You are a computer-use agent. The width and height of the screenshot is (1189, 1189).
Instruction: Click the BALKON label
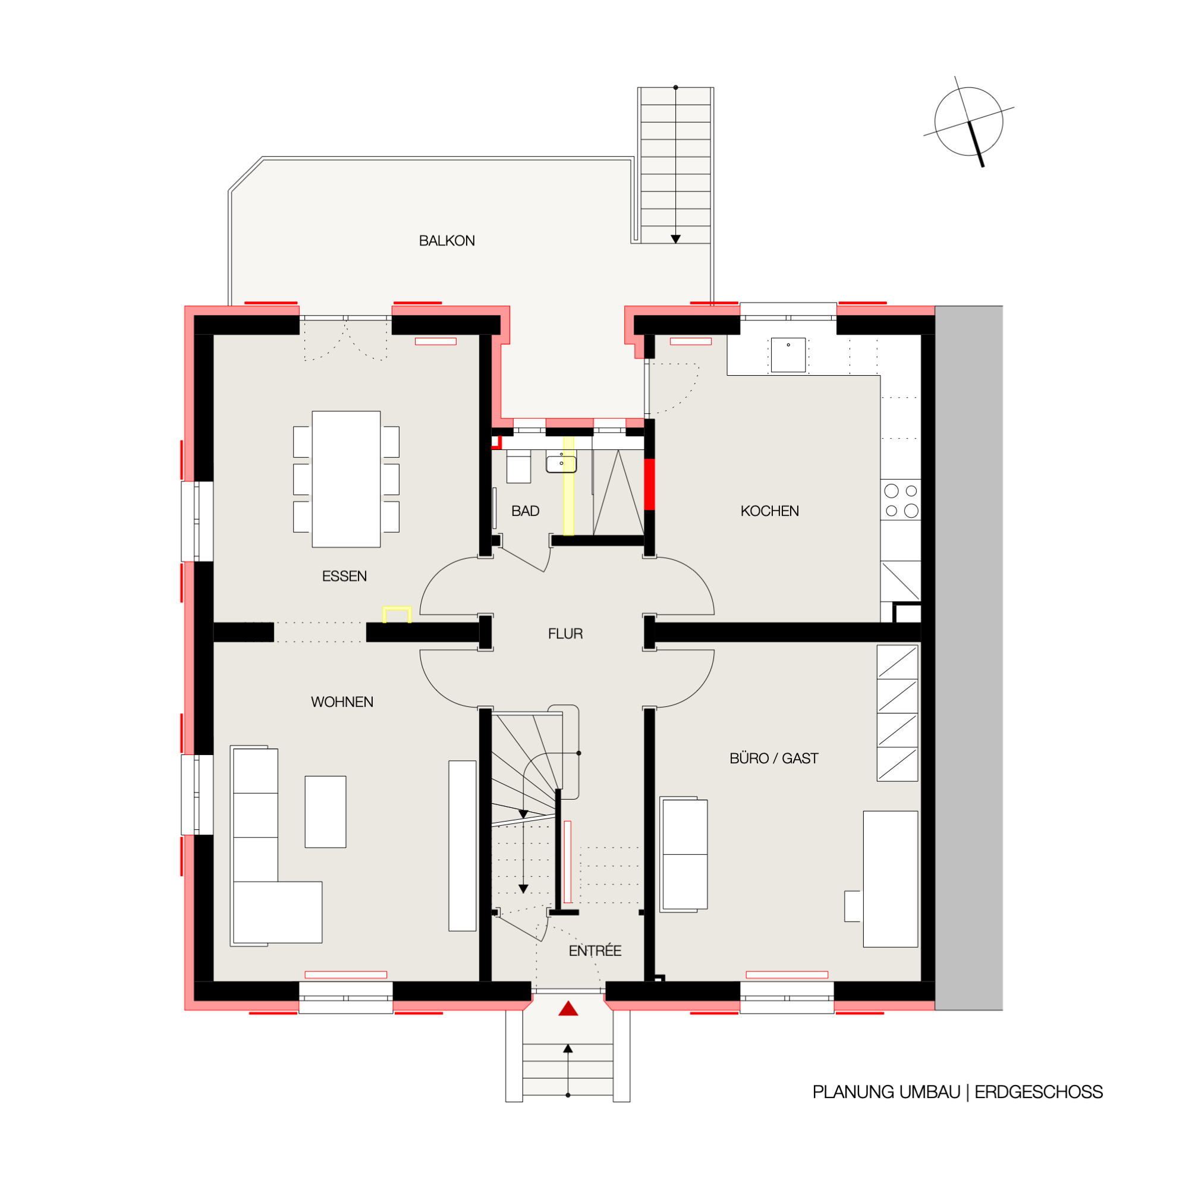[447, 241]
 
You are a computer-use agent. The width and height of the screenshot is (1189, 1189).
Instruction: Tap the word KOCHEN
[769, 511]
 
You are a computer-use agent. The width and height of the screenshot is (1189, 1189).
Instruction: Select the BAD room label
[525, 511]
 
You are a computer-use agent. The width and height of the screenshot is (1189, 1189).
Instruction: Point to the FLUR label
[565, 633]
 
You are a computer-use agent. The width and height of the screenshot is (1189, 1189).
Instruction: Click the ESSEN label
[344, 576]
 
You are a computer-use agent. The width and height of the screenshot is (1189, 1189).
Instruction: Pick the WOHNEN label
[342, 702]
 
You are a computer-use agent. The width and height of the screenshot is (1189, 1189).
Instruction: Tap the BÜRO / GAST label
[773, 758]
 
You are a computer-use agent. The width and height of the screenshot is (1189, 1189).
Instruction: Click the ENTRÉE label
[594, 951]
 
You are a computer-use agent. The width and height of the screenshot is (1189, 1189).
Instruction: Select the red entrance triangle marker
[568, 1009]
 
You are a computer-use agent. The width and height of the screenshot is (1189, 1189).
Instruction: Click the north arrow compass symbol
[968, 122]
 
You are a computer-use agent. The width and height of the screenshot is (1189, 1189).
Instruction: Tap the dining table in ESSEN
[346, 479]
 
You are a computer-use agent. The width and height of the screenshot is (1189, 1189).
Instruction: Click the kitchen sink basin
[788, 354]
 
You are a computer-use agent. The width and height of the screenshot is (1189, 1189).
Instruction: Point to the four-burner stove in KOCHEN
[901, 501]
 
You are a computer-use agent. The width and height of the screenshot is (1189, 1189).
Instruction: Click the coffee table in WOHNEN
[325, 811]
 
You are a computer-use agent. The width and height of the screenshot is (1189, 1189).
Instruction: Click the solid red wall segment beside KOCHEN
[649, 485]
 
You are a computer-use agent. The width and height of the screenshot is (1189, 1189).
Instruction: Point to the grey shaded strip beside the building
[968, 658]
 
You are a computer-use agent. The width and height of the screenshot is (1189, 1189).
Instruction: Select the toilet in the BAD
[518, 466]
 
